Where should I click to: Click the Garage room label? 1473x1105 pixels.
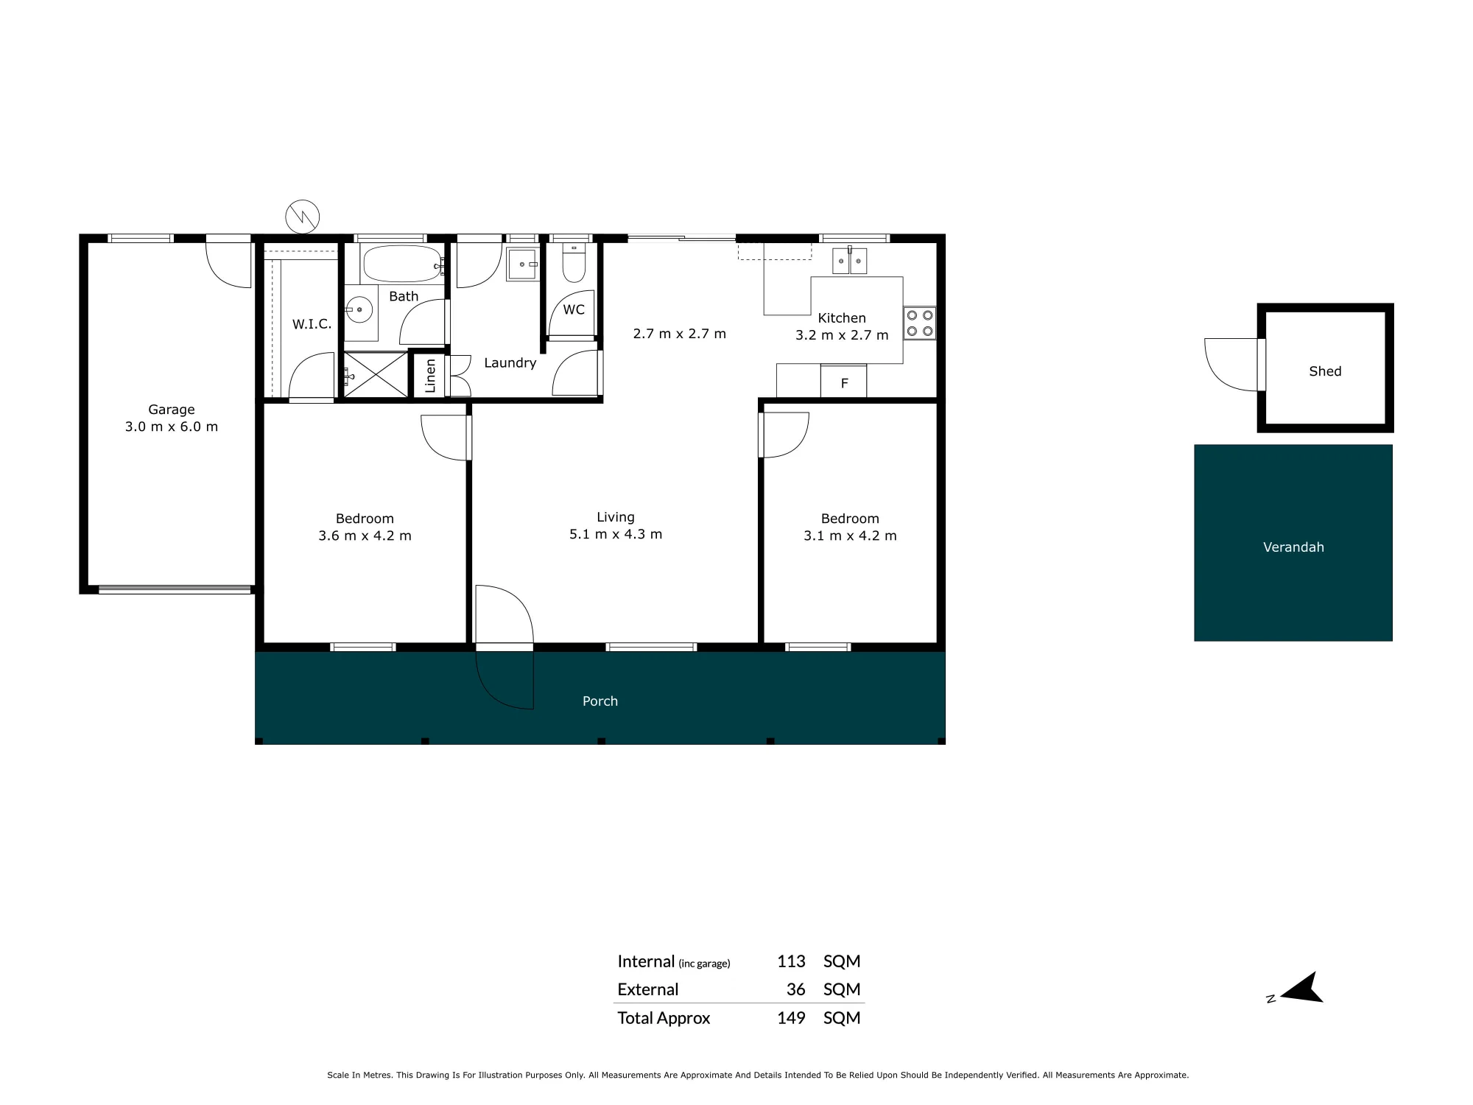(x=172, y=410)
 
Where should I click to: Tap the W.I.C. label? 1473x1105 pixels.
(x=312, y=324)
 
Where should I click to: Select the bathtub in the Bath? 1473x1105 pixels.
(x=402, y=263)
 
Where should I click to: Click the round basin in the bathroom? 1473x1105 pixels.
(x=359, y=310)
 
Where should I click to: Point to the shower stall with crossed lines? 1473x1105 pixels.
(x=376, y=375)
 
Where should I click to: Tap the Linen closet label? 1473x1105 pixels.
(x=431, y=376)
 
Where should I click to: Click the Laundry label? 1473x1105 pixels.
(x=510, y=362)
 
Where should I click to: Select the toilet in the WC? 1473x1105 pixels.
(x=574, y=264)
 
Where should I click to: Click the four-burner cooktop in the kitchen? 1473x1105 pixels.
(x=920, y=323)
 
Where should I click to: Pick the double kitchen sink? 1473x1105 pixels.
(x=850, y=260)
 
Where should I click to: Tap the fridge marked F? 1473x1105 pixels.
(x=844, y=382)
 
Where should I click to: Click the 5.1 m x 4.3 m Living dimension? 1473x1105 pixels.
(x=616, y=534)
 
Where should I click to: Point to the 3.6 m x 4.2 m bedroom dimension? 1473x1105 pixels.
(x=365, y=536)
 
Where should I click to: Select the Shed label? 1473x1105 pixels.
(x=1325, y=371)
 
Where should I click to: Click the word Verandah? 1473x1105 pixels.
(x=1293, y=547)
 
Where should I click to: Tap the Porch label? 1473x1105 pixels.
(x=600, y=701)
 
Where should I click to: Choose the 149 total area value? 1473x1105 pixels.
(x=791, y=1018)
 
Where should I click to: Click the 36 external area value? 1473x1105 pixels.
(x=795, y=989)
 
